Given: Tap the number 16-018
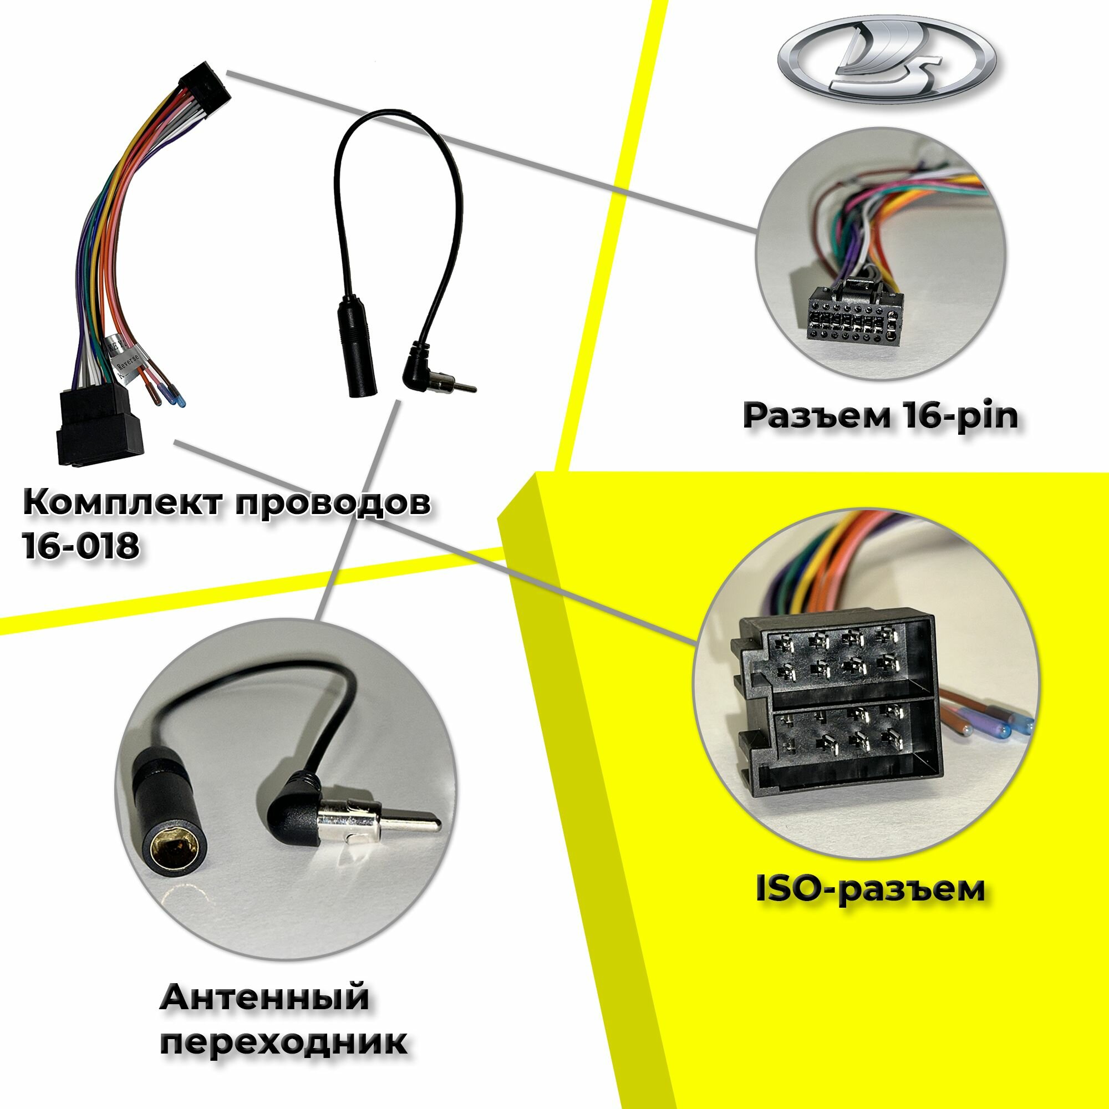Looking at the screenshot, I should pyautogui.click(x=80, y=545).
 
